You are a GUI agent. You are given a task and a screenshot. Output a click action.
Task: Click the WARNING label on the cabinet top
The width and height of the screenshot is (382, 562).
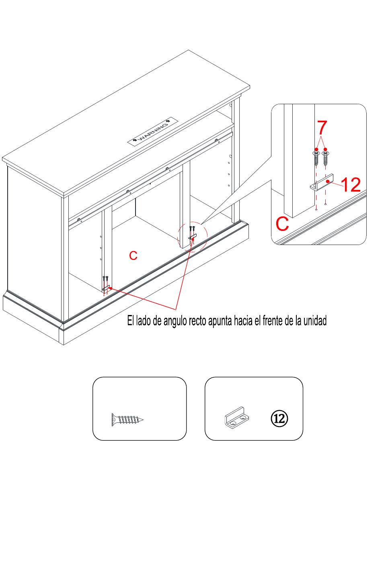point(153,131)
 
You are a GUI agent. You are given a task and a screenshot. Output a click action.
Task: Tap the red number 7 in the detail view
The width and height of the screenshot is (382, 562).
point(322,128)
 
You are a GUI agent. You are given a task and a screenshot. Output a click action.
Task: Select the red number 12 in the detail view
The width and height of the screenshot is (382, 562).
point(351,185)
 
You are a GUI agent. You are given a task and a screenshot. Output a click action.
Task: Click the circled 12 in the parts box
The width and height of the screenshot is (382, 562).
point(279,418)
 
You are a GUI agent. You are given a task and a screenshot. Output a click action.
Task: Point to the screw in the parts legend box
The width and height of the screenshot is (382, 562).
point(127,419)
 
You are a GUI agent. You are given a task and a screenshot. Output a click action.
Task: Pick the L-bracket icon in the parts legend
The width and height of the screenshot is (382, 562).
point(236,417)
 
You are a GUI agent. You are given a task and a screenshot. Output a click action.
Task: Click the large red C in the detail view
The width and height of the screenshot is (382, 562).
point(282,224)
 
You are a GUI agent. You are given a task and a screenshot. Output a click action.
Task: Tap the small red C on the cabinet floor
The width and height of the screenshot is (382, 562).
point(133,255)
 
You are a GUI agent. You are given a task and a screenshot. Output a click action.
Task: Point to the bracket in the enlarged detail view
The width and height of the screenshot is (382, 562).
point(322,182)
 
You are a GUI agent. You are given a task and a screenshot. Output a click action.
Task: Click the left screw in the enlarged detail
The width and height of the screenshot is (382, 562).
point(316,158)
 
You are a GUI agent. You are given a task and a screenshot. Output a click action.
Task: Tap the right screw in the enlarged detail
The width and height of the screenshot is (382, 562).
point(326,158)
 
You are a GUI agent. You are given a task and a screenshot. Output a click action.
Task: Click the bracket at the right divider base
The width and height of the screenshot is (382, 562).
point(193,236)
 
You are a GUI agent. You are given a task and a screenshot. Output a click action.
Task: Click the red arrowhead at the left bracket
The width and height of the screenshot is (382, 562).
point(110,288)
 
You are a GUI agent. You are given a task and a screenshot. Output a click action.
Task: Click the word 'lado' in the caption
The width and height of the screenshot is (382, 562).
point(143,321)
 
